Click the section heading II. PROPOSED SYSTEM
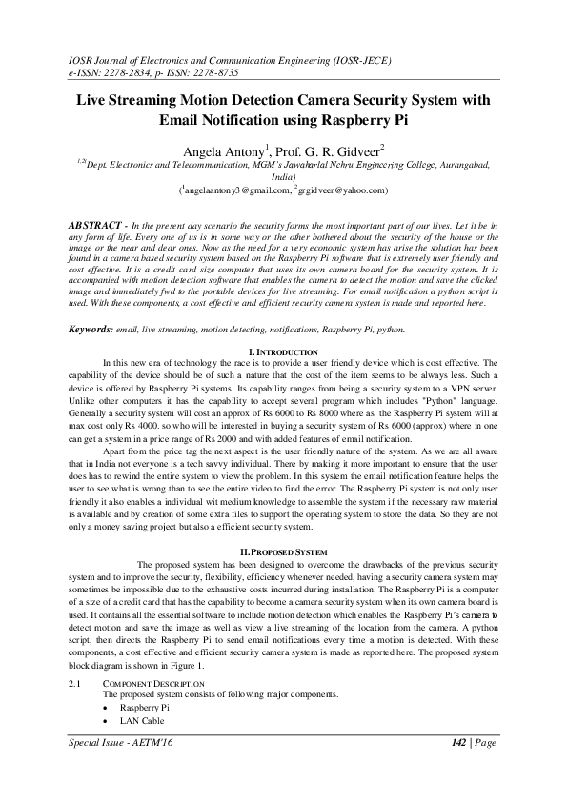pos(282,551)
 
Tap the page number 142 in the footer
pos(459,741)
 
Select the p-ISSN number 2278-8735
pos(215,71)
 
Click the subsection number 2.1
pos(77,685)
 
